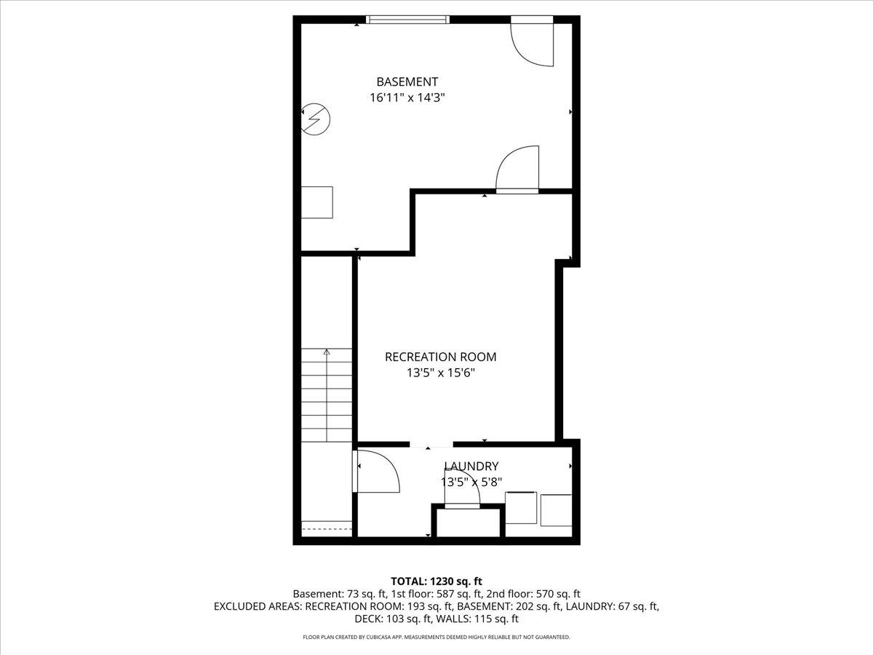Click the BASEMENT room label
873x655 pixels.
coord(407,82)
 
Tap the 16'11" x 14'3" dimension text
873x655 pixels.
coord(407,98)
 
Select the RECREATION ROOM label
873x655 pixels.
coord(440,357)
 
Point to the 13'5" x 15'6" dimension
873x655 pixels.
coord(440,373)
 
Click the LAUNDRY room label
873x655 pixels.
coord(471,467)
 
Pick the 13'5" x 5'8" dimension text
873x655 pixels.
coord(471,482)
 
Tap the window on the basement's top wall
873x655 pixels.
coord(407,20)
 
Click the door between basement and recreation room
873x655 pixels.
coord(518,170)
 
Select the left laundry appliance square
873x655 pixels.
coord(521,508)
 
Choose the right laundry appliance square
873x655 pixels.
coord(557,509)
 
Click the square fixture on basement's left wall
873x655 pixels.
coord(317,202)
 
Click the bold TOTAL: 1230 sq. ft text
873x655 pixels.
coord(436,581)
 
